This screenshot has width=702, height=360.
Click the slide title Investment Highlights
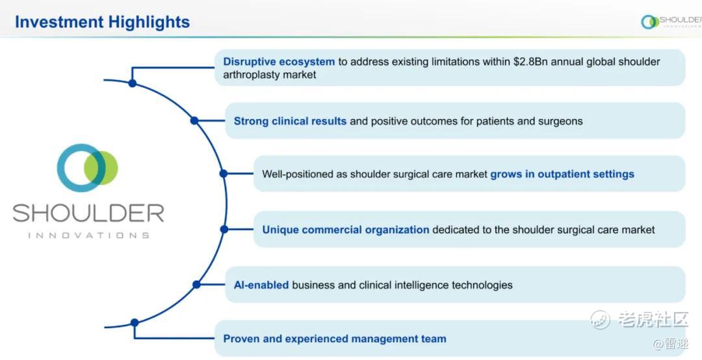point(102,22)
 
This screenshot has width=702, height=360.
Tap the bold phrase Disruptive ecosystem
point(279,62)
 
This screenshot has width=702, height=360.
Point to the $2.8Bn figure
point(530,62)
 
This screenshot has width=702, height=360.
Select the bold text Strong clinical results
point(290,121)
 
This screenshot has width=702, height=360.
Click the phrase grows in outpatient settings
point(562,174)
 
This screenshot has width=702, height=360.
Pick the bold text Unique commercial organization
point(346,229)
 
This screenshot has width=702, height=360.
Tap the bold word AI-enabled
point(261,285)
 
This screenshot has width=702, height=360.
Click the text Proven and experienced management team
point(335,339)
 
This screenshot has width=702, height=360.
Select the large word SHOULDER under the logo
point(88,213)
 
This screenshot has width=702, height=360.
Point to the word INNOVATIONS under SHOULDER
point(88,235)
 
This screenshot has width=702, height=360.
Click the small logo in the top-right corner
point(671,21)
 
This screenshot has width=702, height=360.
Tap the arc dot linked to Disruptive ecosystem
point(132,83)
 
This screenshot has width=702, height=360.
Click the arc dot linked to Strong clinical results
point(194,120)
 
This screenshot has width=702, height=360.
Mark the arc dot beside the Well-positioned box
point(224,174)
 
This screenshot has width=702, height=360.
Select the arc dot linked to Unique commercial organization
point(224,229)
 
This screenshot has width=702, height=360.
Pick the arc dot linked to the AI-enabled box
point(196,285)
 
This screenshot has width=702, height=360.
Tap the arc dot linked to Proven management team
point(135,322)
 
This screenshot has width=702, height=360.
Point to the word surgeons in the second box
point(560,122)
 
